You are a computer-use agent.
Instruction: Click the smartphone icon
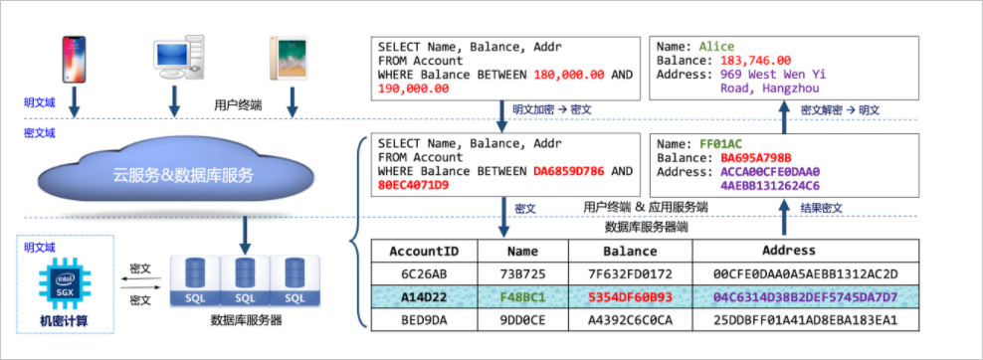(74, 60)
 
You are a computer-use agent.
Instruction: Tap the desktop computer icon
(179, 57)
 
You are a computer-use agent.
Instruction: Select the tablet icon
(283, 58)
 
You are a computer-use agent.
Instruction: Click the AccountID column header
(424, 251)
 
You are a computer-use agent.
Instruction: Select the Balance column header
(630, 251)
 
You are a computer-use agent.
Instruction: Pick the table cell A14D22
(424, 295)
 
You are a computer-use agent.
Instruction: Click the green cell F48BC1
(523, 295)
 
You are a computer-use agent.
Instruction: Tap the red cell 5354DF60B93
(630, 295)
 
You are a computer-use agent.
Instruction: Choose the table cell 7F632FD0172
(630, 273)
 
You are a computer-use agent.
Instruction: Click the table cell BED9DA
(424, 320)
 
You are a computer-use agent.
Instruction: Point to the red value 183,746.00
(755, 61)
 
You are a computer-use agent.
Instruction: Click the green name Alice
(716, 47)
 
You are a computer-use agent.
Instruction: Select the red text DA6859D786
(569, 171)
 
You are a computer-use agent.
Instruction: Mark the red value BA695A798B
(755, 156)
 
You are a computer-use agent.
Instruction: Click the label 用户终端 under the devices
(238, 105)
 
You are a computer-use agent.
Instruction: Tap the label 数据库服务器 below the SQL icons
(247, 321)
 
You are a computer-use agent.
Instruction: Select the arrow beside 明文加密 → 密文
(501, 115)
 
